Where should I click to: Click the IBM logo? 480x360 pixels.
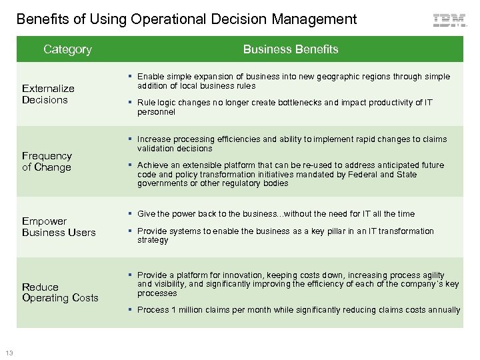449,21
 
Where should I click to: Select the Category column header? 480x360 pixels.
67,49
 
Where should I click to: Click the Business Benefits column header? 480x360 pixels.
291,49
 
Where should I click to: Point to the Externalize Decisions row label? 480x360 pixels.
48,94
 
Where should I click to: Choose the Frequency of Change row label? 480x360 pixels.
47,161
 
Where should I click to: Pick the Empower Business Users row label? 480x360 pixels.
59,226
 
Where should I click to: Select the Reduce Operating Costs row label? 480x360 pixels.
60,292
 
